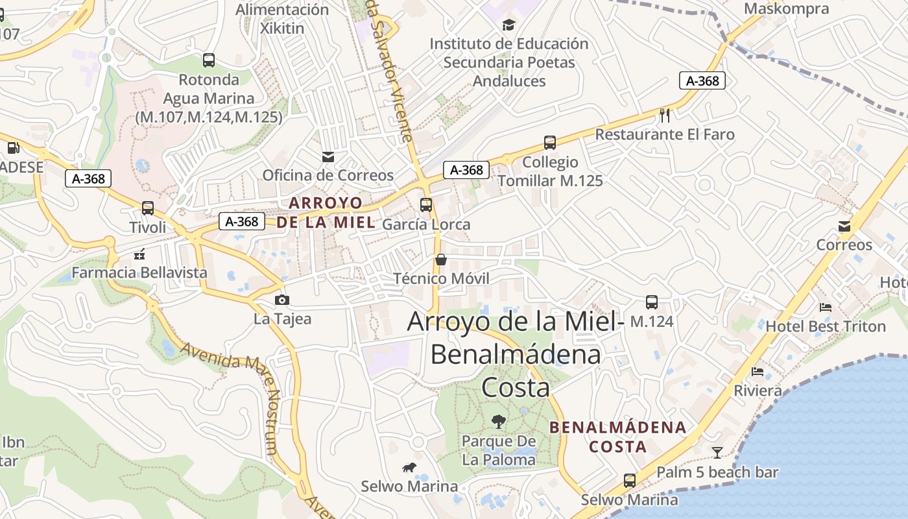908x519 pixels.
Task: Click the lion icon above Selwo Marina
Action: tap(409, 467)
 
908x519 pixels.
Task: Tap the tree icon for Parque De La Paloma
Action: tap(498, 422)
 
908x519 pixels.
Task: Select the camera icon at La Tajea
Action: tap(282, 300)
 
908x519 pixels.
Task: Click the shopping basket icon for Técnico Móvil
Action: tap(441, 259)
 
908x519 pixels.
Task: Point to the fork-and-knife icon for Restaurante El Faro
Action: tap(665, 115)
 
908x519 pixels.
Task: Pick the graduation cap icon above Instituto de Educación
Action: tap(508, 25)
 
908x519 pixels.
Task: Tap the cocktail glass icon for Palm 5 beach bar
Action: tap(717, 452)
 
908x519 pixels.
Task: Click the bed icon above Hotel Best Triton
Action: tap(825, 307)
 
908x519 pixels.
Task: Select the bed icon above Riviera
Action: tap(758, 372)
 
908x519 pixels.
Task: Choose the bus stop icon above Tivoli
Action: tap(148, 208)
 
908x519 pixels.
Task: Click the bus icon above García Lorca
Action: tap(426, 205)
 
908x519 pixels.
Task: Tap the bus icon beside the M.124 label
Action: tap(652, 302)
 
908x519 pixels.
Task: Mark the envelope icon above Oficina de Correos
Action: tap(328, 156)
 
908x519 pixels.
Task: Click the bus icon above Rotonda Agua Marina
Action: tap(209, 60)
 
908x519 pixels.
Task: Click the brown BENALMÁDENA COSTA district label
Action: tap(617, 437)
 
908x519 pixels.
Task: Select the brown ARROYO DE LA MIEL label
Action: tap(326, 212)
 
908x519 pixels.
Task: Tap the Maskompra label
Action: tap(786, 8)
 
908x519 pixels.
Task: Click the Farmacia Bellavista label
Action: tap(139, 272)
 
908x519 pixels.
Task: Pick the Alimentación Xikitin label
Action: tap(282, 19)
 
